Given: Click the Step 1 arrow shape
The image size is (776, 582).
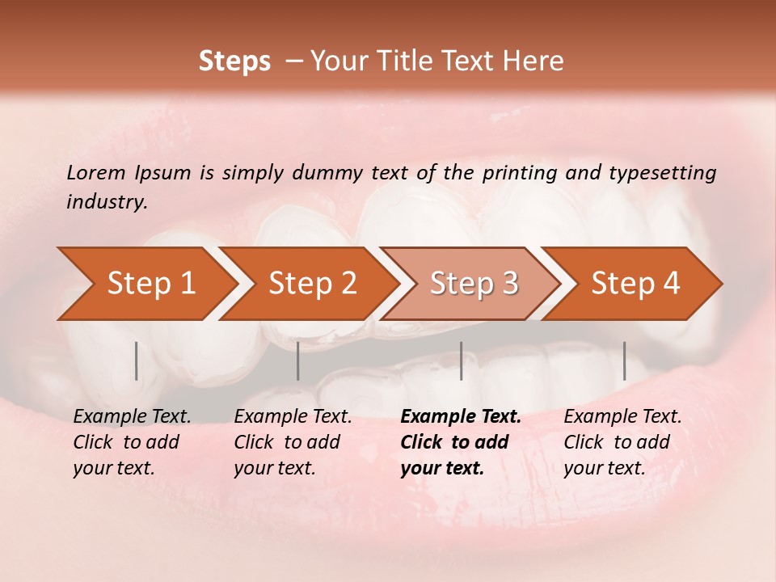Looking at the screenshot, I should point(145,284).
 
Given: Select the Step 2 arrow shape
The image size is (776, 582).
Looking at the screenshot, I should point(312,284).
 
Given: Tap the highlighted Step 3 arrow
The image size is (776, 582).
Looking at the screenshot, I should point(474,284).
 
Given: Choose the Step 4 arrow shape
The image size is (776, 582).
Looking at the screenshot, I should point(635,284).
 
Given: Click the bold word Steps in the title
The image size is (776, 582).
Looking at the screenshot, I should point(234,61).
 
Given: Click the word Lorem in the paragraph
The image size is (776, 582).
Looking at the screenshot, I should point(95,172).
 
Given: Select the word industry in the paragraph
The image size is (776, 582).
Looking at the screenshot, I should point(106,202).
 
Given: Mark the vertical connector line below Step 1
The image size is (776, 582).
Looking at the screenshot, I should point(137,361).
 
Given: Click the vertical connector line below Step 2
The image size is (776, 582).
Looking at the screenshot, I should point(298,361).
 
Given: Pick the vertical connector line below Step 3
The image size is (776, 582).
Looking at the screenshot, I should point(462,361).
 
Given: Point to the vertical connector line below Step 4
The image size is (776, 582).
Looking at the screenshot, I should point(625,361).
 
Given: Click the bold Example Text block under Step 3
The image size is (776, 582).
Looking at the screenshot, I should point(461,442).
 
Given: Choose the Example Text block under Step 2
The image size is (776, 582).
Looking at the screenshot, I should point(293,442).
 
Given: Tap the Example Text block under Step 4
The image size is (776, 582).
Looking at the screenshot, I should point(622,442).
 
